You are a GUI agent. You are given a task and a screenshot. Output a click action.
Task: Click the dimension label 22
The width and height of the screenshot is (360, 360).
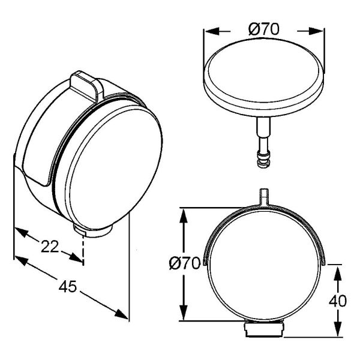(50, 247)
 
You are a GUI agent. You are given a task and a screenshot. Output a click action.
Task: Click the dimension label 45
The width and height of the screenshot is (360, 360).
(67, 287)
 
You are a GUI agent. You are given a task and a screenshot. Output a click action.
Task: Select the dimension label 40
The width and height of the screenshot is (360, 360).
(338, 301)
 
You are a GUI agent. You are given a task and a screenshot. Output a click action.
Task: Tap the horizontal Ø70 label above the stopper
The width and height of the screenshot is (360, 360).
(264, 29)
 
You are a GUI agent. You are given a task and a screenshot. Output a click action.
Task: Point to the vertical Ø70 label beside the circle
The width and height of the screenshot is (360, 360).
(185, 263)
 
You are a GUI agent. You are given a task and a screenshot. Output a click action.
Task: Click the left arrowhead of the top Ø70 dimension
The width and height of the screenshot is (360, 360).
(211, 31)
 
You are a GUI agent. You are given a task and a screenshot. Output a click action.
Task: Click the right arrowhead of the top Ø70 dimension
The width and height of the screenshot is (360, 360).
(316, 31)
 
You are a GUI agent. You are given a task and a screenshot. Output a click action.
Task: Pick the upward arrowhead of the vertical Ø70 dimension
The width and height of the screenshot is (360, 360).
(184, 216)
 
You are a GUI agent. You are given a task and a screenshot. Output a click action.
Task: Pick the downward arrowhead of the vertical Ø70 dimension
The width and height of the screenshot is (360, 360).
(184, 313)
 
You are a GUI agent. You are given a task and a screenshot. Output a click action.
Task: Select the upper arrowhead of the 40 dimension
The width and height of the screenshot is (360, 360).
(337, 274)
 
